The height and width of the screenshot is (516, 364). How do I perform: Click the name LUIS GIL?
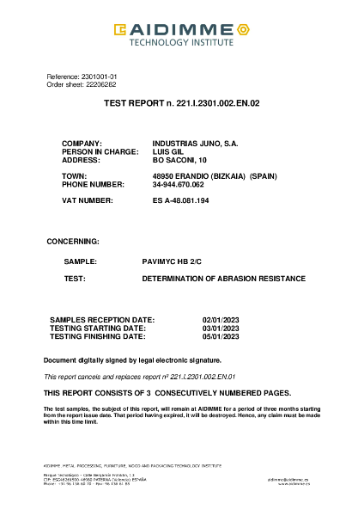pyautogui.click(x=167, y=151)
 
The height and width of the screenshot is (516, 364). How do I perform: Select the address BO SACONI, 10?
pyautogui.click(x=179, y=160)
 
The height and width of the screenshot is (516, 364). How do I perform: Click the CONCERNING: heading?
pyautogui.click(x=72, y=242)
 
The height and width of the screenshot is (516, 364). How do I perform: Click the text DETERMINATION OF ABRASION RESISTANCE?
pyautogui.click(x=223, y=279)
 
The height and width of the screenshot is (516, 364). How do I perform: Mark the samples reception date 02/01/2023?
pyautogui.click(x=220, y=320)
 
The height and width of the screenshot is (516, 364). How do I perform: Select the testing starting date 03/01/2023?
pyautogui.click(x=220, y=329)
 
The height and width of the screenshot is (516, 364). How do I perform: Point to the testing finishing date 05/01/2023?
pyautogui.click(x=220, y=336)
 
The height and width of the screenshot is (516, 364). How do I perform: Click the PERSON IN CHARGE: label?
pyautogui.click(x=100, y=151)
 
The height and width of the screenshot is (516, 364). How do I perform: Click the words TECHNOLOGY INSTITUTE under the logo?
pyautogui.click(x=181, y=41)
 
